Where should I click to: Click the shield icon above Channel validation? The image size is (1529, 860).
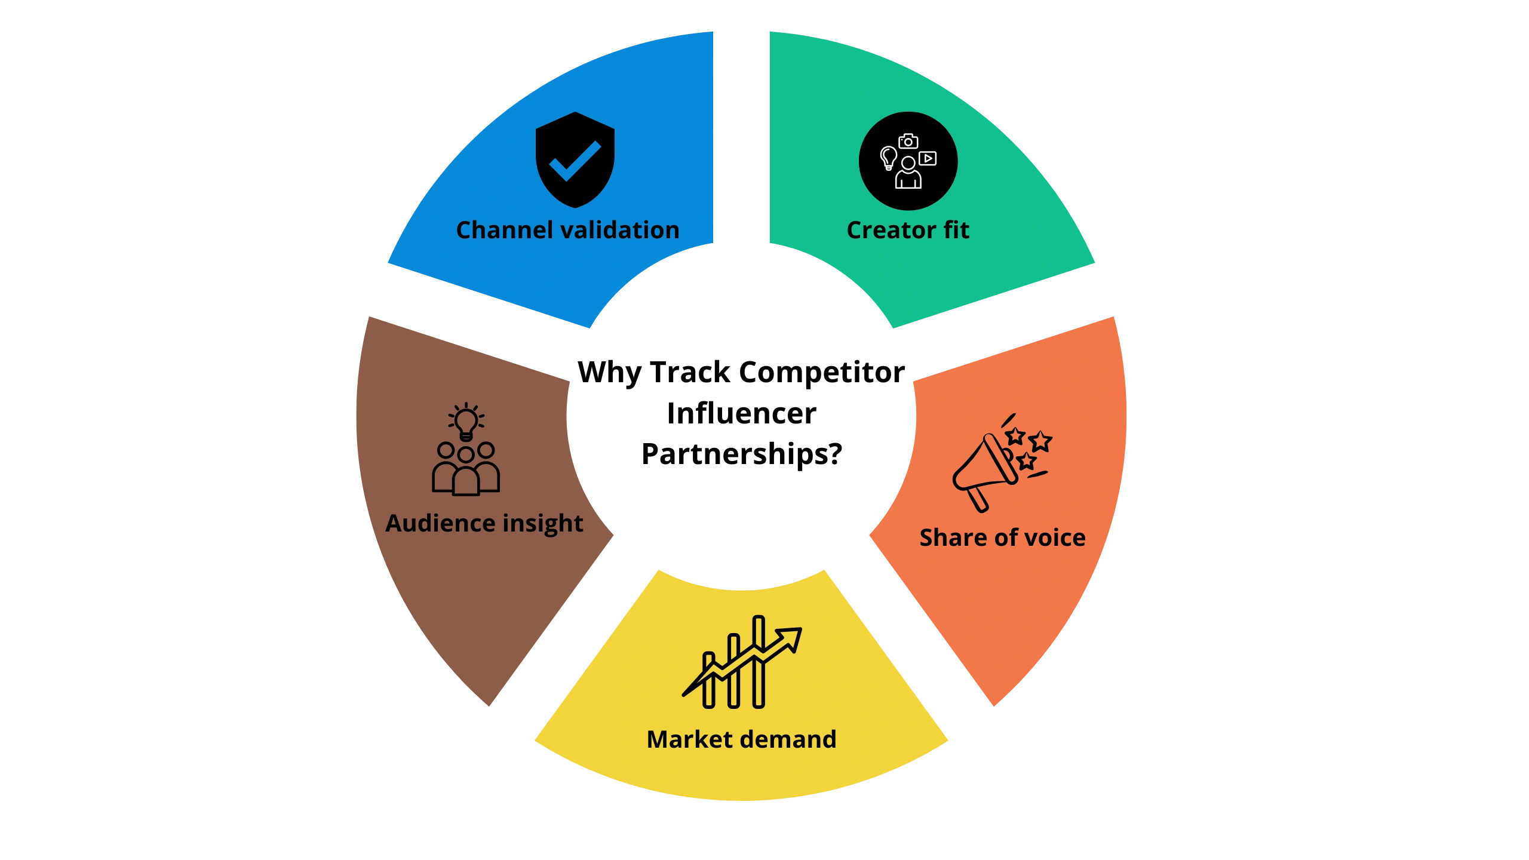point(575,125)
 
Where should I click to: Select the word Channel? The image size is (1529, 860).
point(505,230)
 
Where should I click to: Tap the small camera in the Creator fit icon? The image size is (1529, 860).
point(908,142)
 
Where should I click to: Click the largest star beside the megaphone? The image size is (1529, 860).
point(1041,441)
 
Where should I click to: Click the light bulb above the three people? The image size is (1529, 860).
point(466,420)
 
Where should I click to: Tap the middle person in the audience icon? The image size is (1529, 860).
point(466,475)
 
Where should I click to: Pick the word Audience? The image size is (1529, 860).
point(440,523)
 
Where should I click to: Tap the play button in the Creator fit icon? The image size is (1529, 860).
point(928,158)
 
